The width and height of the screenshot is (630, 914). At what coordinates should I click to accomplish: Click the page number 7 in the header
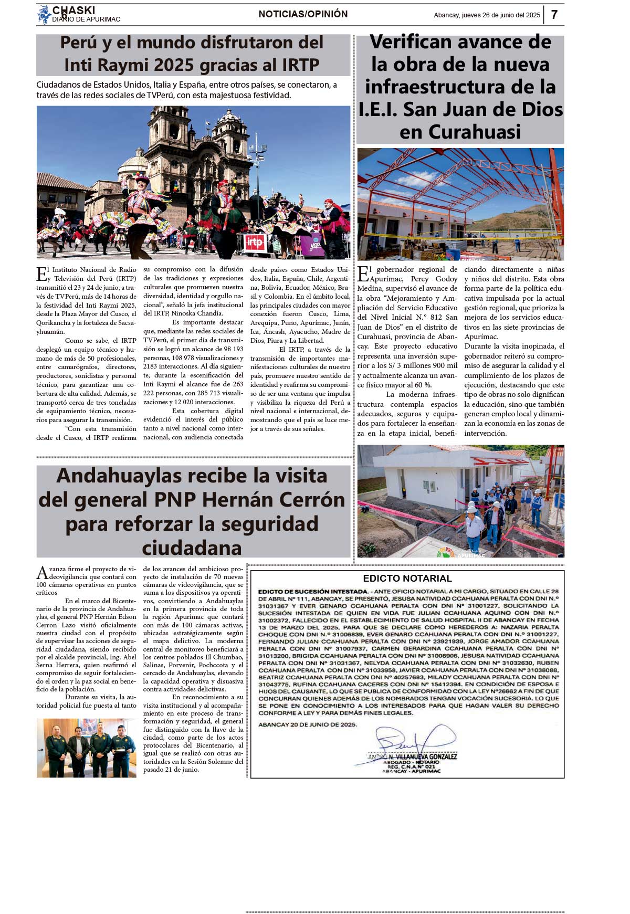[554, 15]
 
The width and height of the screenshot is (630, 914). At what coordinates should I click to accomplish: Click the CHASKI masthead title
[74, 10]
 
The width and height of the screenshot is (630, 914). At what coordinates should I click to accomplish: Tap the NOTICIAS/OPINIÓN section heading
[303, 14]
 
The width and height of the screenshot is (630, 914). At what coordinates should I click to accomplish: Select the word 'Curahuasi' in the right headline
[460, 132]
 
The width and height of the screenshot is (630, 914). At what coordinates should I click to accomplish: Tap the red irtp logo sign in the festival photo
[255, 243]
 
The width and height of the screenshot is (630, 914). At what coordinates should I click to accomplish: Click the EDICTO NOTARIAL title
[407, 579]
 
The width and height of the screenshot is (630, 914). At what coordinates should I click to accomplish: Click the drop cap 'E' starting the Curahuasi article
[363, 274]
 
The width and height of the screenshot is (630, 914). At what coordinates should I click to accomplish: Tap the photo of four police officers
[87, 748]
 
